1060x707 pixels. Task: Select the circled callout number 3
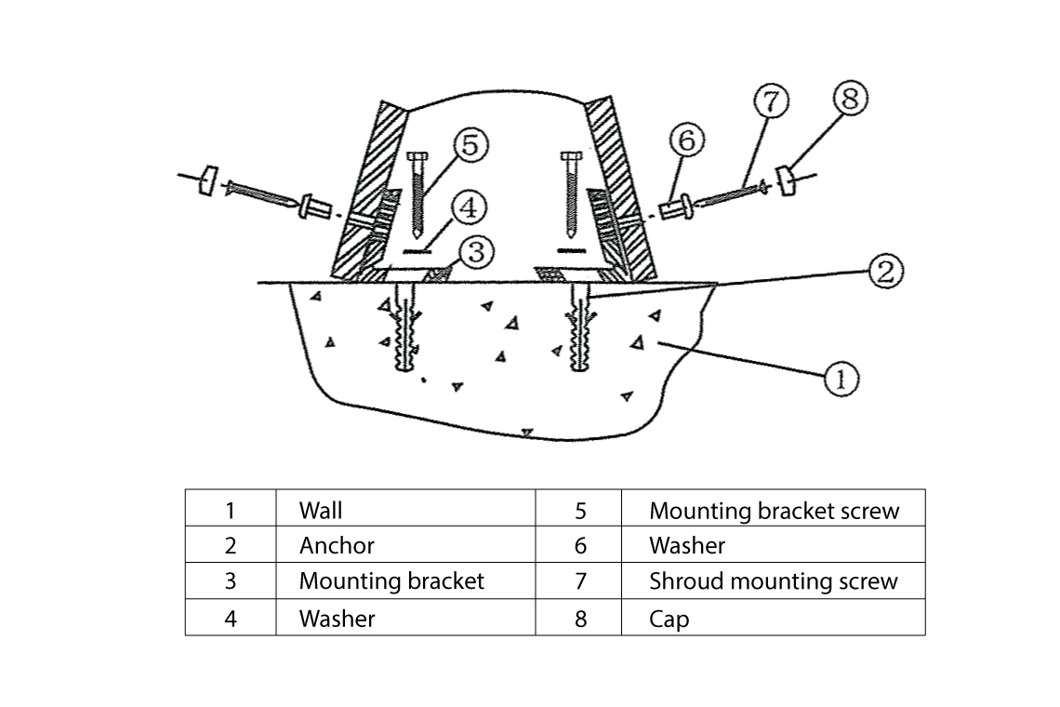(x=477, y=252)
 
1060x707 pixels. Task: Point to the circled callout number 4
(x=470, y=207)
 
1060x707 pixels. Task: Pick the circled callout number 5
(x=470, y=146)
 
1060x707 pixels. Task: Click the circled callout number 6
(x=686, y=141)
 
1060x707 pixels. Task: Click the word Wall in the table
(x=321, y=510)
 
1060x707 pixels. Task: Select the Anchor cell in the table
(x=337, y=545)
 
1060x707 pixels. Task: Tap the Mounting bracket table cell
(x=391, y=581)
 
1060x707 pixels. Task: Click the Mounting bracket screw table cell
(x=774, y=510)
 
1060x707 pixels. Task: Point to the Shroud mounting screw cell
(x=773, y=581)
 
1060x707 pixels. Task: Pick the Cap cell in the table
(x=669, y=619)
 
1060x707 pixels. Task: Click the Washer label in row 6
(x=686, y=545)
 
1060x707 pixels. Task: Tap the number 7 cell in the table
(x=580, y=581)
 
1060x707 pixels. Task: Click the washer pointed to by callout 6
(x=679, y=207)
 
